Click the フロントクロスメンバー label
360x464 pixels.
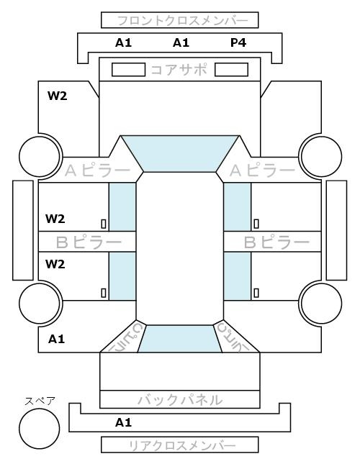[182, 21]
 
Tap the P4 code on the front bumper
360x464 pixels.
[238, 43]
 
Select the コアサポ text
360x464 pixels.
[179, 70]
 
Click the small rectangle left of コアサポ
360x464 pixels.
[128, 70]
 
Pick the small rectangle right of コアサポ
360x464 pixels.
[231, 70]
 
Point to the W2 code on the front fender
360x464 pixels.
[58, 96]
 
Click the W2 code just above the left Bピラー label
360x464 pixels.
[55, 219]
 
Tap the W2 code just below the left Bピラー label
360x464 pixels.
[55, 264]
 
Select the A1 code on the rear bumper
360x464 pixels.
[123, 422]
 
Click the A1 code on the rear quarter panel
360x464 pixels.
[56, 339]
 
